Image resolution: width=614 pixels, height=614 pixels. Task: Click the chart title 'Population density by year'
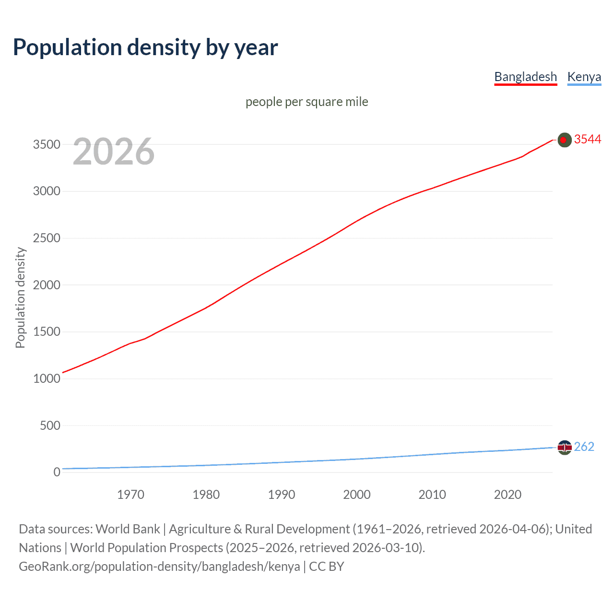145,47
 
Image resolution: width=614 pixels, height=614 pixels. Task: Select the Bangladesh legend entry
525,77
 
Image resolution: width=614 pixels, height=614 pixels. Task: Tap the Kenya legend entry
584,77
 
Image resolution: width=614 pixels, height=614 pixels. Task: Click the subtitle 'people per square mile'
307,102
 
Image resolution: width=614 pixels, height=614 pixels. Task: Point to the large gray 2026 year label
114,152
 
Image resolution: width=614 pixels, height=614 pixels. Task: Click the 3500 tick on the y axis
47,144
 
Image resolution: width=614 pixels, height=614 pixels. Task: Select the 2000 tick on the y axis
47,285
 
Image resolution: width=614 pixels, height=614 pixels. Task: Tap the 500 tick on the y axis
50,425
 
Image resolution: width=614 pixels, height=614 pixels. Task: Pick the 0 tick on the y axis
57,472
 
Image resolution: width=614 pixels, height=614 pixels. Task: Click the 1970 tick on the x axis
130,495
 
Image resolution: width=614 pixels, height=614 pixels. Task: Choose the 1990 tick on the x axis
282,495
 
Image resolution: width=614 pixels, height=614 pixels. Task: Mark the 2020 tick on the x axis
508,495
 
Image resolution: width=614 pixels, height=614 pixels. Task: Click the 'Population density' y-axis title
20,297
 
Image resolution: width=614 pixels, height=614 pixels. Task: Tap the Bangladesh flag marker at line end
564,140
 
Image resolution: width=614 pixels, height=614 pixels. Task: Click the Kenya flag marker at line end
564,448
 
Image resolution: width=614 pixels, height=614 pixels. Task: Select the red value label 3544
587,139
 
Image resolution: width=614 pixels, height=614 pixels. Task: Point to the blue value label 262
584,447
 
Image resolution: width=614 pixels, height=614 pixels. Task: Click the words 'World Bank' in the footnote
128,529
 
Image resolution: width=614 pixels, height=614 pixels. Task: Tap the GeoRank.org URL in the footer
159,567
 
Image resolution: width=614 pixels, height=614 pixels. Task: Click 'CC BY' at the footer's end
327,567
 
